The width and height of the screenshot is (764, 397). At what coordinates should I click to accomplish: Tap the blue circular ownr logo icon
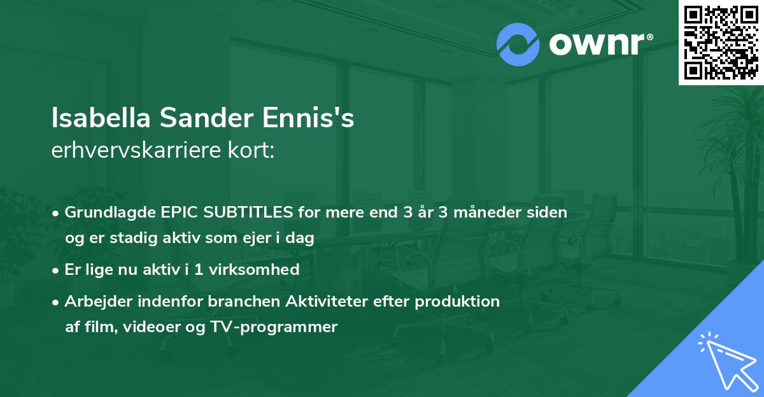[518, 45]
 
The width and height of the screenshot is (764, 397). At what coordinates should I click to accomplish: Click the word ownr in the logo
[599, 45]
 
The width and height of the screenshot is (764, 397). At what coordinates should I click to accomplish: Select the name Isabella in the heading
[101, 119]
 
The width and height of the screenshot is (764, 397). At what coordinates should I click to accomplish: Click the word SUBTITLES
[243, 212]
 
